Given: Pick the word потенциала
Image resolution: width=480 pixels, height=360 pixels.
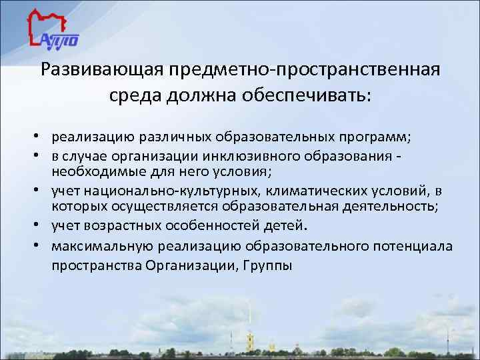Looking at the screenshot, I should click(x=414, y=246).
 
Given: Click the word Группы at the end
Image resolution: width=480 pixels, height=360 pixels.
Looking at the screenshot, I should click(x=267, y=265).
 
